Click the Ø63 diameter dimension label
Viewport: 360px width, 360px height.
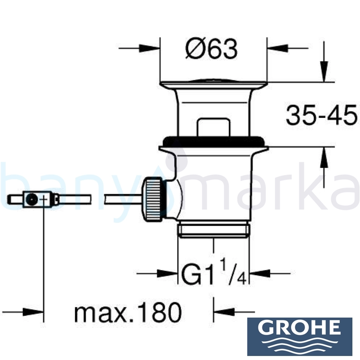tap(211, 49)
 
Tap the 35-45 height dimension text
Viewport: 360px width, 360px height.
tap(321, 115)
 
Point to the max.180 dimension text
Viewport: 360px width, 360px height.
tap(128, 312)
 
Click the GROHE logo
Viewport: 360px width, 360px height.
tap(300, 337)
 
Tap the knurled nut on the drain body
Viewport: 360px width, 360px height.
tap(153, 199)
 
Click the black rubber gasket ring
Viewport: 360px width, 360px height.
tap(213, 141)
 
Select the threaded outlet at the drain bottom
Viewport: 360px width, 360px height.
tap(213, 229)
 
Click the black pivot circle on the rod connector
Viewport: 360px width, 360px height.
tap(31, 199)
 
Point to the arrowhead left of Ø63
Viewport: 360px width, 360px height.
tap(149, 49)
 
